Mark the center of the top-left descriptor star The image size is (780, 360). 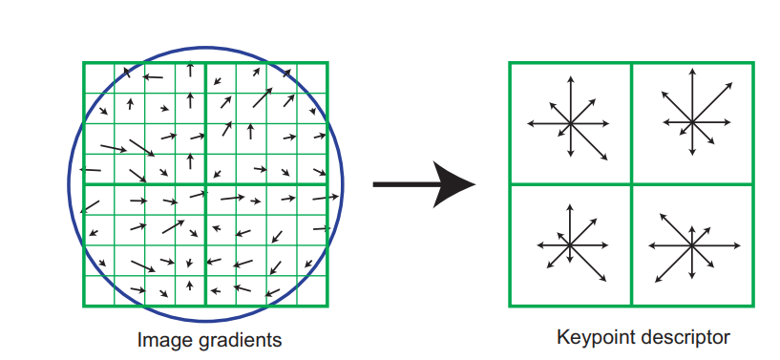click(x=571, y=123)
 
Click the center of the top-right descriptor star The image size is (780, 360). click(x=692, y=122)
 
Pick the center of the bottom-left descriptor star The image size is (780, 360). click(x=570, y=244)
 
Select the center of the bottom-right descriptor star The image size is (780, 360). click(x=691, y=245)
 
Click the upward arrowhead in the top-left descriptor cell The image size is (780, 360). click(x=571, y=79)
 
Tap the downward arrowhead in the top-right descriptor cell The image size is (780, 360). click(x=692, y=152)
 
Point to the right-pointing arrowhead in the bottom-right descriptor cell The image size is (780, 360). click(x=738, y=245)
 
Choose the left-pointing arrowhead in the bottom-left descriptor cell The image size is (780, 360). click(x=540, y=244)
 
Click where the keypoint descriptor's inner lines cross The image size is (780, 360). click(x=632, y=184)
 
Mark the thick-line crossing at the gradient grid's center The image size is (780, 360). click(x=205, y=184)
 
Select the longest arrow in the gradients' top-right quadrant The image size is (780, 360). click(x=263, y=97)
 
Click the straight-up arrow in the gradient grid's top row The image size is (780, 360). click(x=190, y=69)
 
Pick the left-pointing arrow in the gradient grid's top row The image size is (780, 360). click(x=153, y=76)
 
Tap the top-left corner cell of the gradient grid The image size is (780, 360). click(x=99, y=78)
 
